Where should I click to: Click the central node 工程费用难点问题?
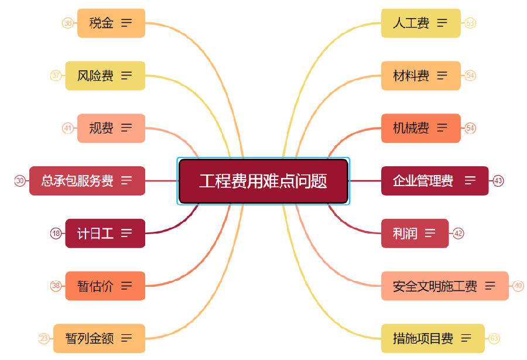(x=263, y=181)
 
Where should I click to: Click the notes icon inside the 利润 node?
(x=430, y=234)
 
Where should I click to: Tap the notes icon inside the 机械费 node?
(x=442, y=128)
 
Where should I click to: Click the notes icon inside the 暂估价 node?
(x=126, y=286)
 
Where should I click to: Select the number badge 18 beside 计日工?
(x=56, y=234)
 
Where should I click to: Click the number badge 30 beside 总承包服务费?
(x=20, y=181)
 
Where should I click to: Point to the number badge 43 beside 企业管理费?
(x=498, y=181)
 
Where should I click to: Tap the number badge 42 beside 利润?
(x=458, y=234)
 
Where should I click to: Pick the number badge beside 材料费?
(x=470, y=76)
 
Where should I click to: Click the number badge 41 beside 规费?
(x=68, y=128)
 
